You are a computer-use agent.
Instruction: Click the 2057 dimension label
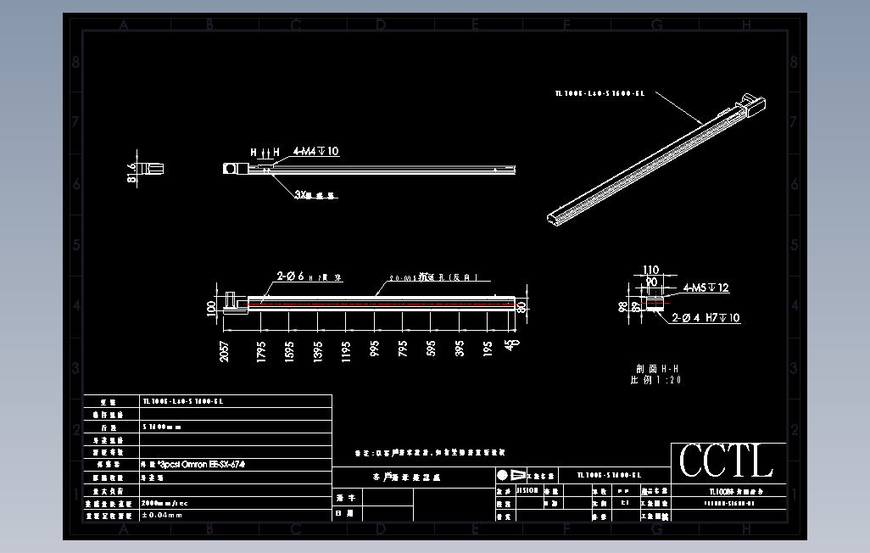tap(225, 351)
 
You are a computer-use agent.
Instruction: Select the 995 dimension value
tap(374, 349)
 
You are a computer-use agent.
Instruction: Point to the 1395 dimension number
tap(318, 351)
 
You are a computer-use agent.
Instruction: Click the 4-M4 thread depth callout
tap(315, 151)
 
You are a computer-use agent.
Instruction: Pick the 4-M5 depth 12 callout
tap(705, 288)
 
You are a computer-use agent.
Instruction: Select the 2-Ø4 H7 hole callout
tap(705, 318)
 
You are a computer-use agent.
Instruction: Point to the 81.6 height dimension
tap(131, 172)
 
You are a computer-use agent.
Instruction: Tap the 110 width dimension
tap(650, 270)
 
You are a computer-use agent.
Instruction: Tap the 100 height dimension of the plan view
tap(212, 306)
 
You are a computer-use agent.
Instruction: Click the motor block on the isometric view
tap(751, 105)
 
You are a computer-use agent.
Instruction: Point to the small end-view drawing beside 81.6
tap(155, 168)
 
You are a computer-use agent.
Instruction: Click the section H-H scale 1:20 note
tap(655, 374)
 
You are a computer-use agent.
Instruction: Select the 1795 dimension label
tap(261, 351)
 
